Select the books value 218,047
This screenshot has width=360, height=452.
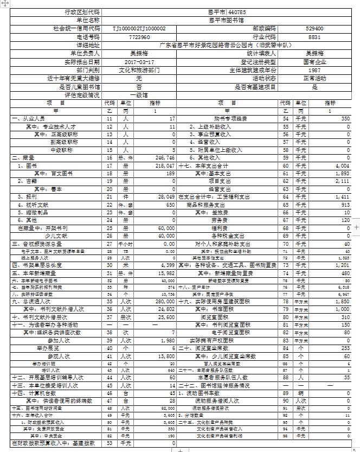[x=163, y=165]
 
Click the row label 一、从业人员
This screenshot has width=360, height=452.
[x=28, y=118]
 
